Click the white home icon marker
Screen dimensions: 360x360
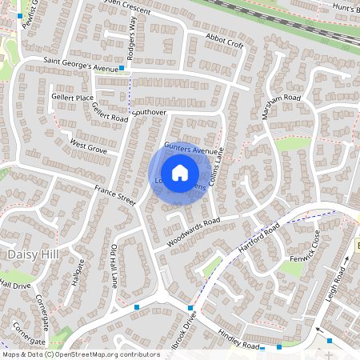pyautogui.click(x=180, y=172)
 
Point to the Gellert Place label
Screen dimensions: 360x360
pyautogui.click(x=73, y=98)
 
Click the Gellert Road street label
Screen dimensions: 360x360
pyautogui.click(x=110, y=113)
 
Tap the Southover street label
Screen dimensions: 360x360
pyautogui.click(x=150, y=113)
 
